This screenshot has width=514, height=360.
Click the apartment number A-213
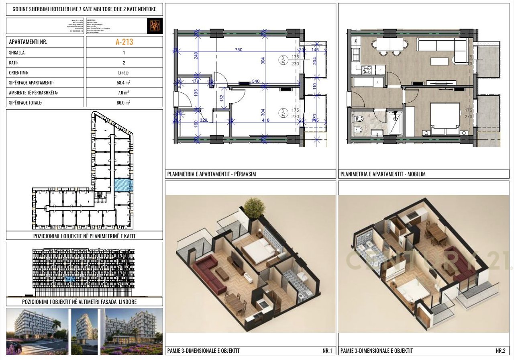124,41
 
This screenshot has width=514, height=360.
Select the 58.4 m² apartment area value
124,83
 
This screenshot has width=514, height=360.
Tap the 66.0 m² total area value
124,102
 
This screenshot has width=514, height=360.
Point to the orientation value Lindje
124,73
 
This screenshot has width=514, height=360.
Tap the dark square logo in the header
155,26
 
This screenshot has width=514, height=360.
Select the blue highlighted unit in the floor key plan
123,185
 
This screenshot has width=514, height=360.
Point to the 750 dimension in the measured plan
239,49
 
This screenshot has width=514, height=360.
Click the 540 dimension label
255,82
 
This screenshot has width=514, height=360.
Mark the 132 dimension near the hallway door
221,97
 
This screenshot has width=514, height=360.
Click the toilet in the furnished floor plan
359,119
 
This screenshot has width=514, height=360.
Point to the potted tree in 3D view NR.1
254,207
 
